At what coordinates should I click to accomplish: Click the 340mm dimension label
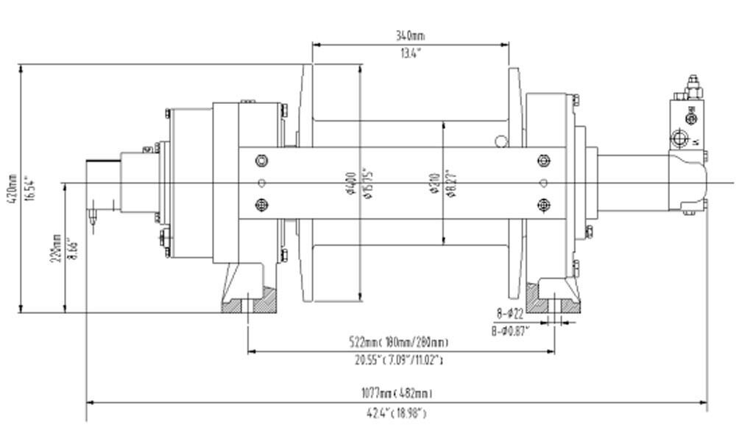tap(410, 35)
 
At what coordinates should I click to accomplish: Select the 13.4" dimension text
tap(410, 53)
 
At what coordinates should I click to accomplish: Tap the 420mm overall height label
tap(11, 189)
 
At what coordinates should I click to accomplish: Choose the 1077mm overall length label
tap(396, 393)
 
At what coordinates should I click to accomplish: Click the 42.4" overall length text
tap(396, 413)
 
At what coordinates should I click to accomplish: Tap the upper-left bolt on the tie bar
tap(261, 161)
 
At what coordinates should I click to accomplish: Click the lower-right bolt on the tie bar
tap(544, 205)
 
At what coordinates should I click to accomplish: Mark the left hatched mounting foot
tap(250, 301)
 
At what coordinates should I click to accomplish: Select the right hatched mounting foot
tap(556, 301)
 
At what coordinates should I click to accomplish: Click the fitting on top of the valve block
tap(691, 86)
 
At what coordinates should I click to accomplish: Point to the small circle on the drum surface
tap(501, 140)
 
